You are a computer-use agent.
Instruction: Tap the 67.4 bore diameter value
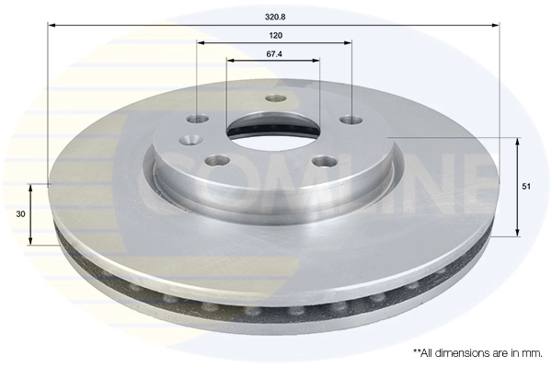(x=273, y=54)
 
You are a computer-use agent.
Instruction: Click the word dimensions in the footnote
(x=454, y=352)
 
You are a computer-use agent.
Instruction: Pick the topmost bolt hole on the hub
(x=272, y=98)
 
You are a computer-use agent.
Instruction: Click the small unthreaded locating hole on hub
(x=190, y=140)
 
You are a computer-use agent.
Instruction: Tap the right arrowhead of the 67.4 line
(x=317, y=61)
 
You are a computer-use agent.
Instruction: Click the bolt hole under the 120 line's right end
(x=349, y=119)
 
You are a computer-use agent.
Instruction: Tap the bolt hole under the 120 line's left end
(x=199, y=119)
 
